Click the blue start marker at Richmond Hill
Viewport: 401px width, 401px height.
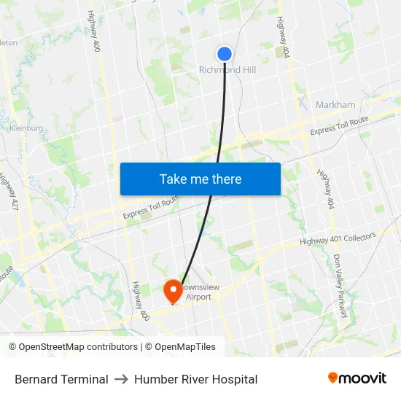click(x=225, y=53)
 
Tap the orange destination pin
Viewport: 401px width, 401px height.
click(x=174, y=291)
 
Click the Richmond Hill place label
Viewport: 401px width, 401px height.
click(x=227, y=70)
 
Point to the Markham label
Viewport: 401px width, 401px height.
click(x=335, y=105)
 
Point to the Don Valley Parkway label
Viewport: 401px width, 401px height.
click(x=340, y=285)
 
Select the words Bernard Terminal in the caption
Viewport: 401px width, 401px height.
click(x=61, y=379)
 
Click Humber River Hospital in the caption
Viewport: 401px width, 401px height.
click(x=195, y=379)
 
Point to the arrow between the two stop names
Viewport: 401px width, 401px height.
click(x=121, y=379)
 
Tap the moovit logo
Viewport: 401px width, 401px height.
click(x=357, y=378)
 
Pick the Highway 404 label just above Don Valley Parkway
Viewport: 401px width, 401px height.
click(x=325, y=188)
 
